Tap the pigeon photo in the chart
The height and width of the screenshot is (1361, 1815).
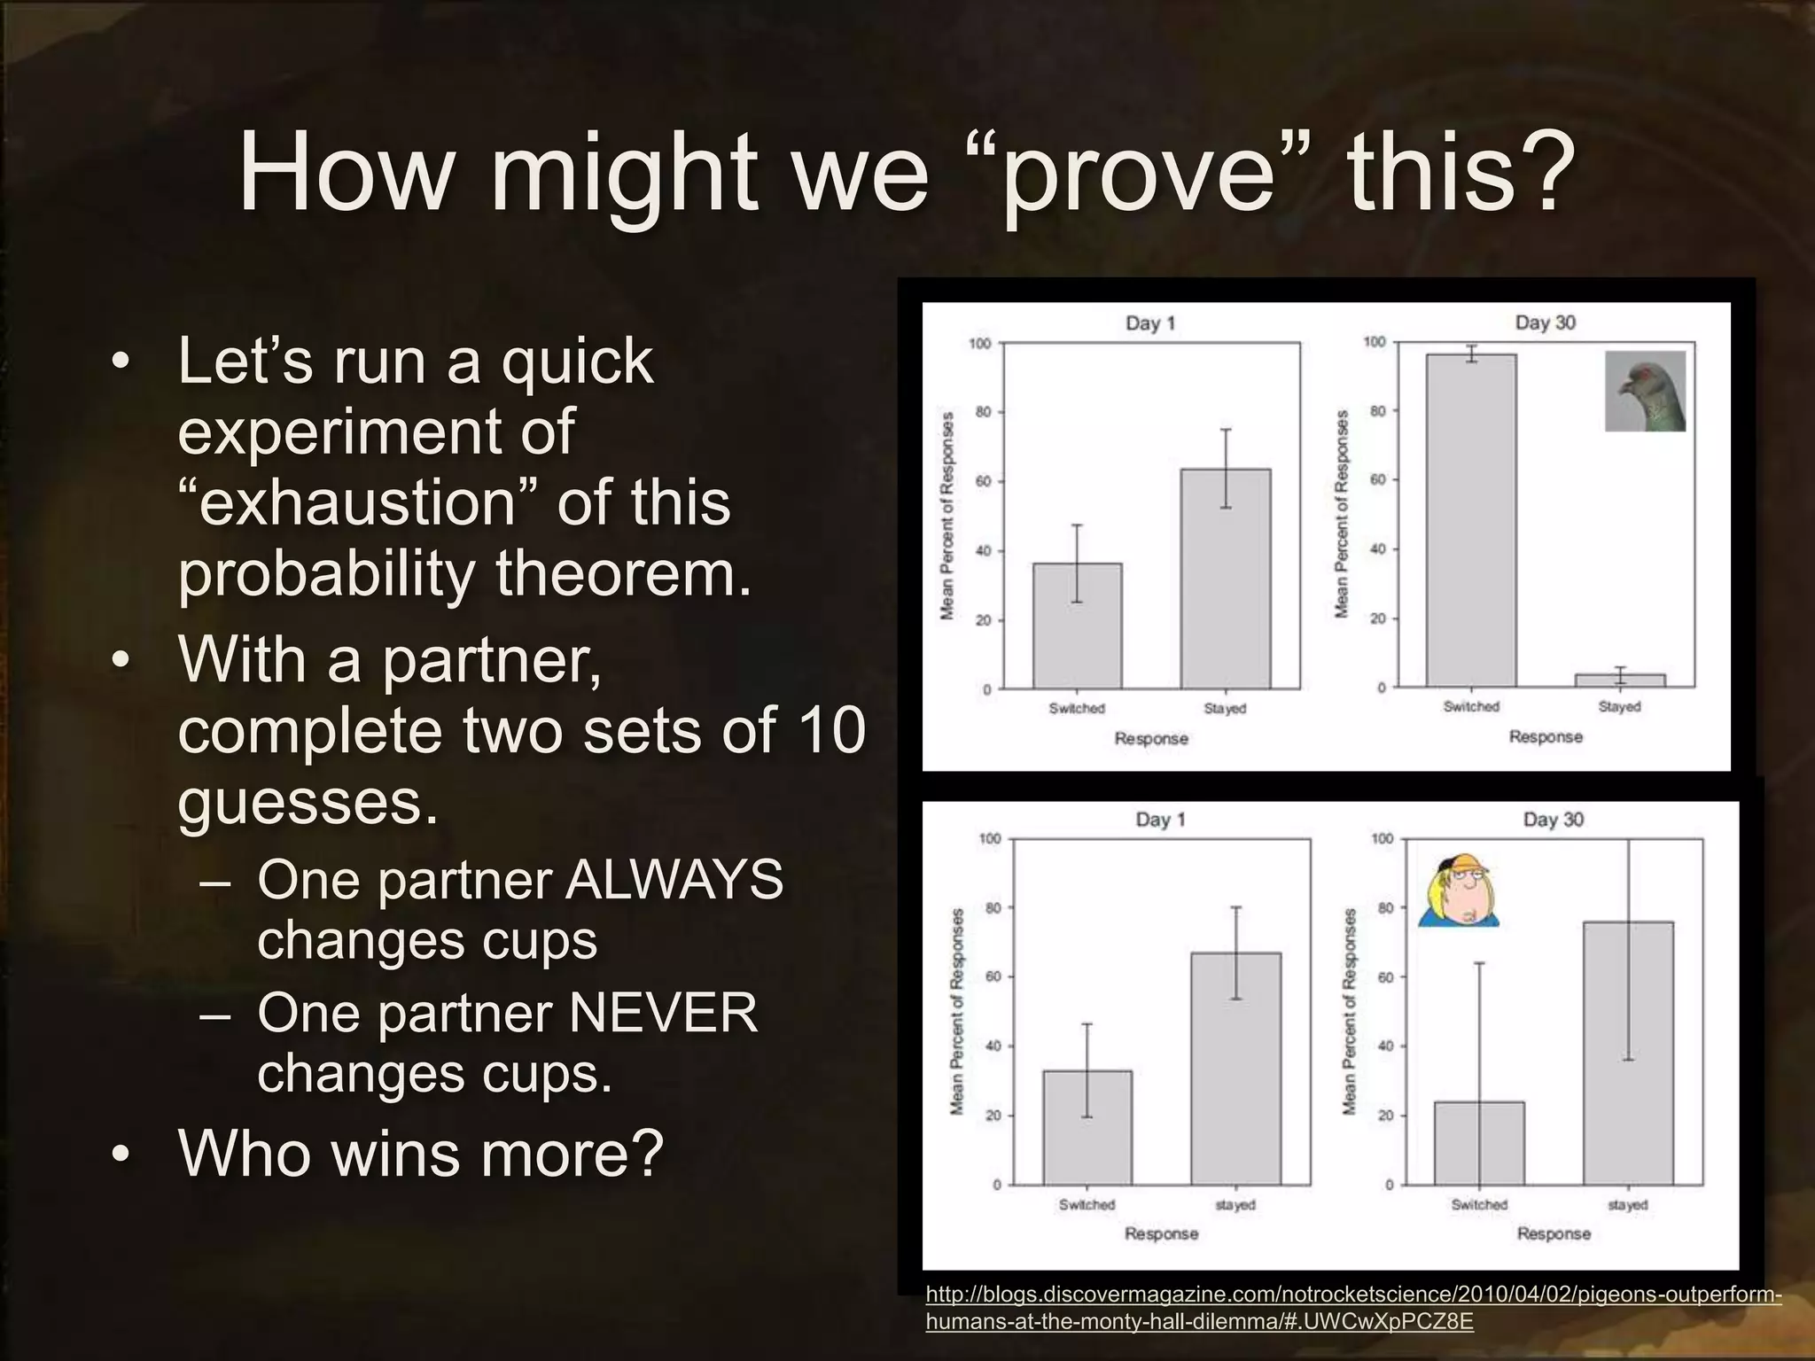tap(1645, 391)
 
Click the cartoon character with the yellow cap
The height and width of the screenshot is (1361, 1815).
tap(1458, 891)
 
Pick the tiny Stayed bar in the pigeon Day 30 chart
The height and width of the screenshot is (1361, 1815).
tap(1620, 680)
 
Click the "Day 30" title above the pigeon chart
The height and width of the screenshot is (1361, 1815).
tap(1545, 323)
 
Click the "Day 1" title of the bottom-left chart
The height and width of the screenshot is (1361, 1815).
tap(1160, 820)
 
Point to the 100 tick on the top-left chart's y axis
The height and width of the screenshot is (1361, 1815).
tap(979, 344)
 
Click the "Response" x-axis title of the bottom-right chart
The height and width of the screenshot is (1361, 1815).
tap(1554, 1233)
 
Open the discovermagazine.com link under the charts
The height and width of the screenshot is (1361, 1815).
tap(1352, 1308)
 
